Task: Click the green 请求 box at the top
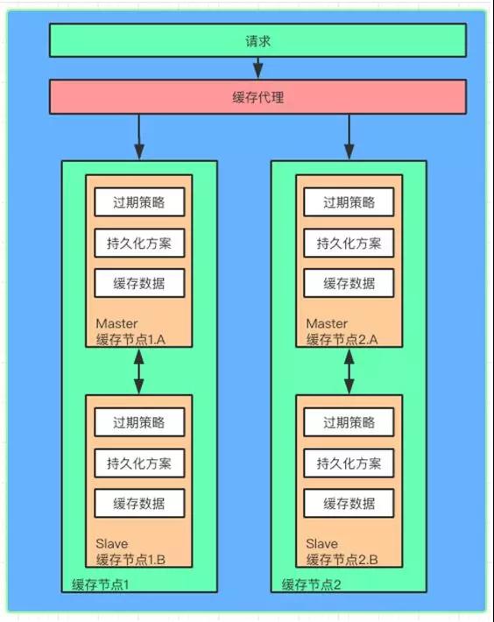258,40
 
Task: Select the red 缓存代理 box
258,96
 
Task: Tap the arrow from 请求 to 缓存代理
258,68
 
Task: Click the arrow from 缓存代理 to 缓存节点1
138,138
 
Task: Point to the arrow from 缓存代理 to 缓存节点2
349,138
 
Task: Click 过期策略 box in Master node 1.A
139,202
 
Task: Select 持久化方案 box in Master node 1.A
139,244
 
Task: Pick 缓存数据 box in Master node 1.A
139,283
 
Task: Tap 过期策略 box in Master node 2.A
349,202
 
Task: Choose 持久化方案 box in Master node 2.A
349,244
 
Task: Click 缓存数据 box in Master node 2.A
349,283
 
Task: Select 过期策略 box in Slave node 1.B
139,422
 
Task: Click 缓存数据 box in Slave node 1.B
139,504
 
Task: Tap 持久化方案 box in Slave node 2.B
349,463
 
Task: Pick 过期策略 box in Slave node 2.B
349,422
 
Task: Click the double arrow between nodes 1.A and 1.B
138,371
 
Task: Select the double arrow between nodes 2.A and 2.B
349,371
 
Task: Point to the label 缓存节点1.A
131,340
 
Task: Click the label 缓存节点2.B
342,560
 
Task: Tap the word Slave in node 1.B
112,543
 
